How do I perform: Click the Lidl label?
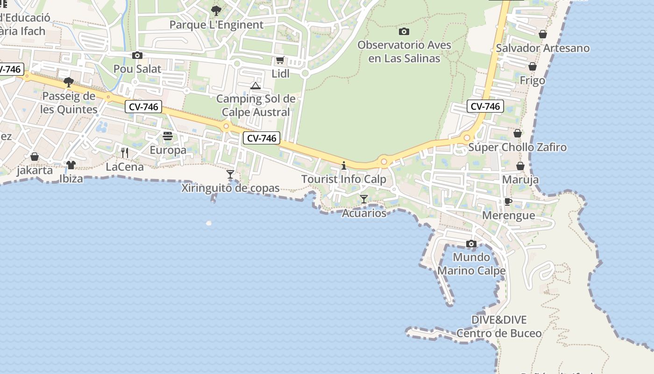click(280, 73)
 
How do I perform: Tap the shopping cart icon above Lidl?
click(280, 60)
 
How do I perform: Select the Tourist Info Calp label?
click(344, 179)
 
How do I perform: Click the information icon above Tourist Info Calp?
click(344, 165)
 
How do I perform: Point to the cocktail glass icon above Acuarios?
click(364, 199)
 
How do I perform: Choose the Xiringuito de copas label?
click(230, 188)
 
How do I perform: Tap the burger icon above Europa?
click(168, 136)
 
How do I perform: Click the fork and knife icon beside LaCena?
click(124, 152)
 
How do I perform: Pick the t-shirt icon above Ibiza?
click(71, 165)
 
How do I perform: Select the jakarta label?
click(35, 170)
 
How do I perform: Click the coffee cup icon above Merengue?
click(508, 201)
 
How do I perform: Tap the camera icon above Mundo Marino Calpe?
click(471, 244)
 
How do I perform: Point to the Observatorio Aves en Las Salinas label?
click(404, 51)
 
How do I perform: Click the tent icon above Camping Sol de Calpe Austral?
click(255, 86)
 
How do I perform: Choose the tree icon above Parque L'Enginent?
click(216, 10)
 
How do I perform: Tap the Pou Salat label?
click(137, 69)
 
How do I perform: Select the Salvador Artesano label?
click(542, 48)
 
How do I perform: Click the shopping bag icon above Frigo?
click(532, 67)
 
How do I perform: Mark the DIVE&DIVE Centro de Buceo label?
click(499, 326)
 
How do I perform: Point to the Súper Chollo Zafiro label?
click(517, 148)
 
